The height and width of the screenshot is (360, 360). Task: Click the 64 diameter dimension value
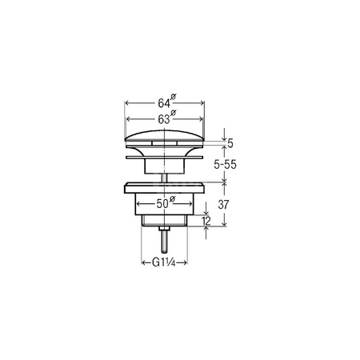pyautogui.click(x=164, y=103)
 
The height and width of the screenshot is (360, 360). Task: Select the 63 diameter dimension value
pyautogui.click(x=164, y=119)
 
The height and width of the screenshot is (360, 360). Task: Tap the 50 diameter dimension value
pyautogui.click(x=162, y=204)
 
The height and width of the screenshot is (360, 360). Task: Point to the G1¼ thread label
pyautogui.click(x=164, y=263)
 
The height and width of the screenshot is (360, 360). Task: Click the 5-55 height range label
pyautogui.click(x=225, y=165)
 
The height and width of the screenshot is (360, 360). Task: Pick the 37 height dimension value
pyautogui.click(x=223, y=205)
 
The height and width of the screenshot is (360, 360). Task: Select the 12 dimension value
pyautogui.click(x=206, y=221)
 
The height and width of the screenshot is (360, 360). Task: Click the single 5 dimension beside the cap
pyautogui.click(x=230, y=143)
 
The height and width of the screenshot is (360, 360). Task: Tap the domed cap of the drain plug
pyautogui.click(x=165, y=135)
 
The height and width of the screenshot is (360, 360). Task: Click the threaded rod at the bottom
pyautogui.click(x=164, y=242)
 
